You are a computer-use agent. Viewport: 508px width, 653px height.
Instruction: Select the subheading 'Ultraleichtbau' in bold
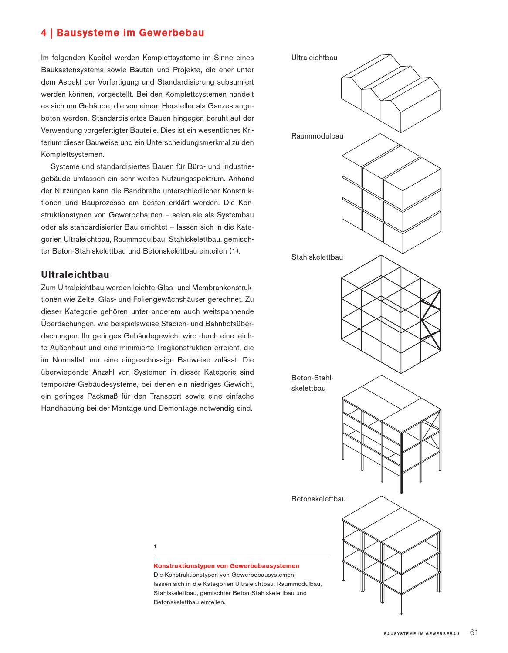tap(75, 275)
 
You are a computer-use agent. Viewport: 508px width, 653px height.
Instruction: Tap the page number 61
tap(474, 633)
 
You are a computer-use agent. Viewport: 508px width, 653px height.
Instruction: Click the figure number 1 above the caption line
tap(156, 546)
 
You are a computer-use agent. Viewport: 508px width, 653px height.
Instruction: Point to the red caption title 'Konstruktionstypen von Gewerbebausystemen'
tap(226, 566)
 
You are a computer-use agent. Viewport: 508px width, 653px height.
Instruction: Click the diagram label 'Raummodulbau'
tap(317, 136)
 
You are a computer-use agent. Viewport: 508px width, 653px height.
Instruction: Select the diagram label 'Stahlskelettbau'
tap(317, 257)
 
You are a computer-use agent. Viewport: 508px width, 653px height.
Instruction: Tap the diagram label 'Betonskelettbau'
tap(318, 499)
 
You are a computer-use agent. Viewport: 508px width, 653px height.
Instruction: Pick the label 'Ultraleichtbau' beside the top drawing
tap(314, 58)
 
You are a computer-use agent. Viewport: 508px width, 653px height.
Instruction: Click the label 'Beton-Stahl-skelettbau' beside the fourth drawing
tap(308, 383)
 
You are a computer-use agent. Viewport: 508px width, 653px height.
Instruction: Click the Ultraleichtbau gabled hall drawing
tap(391, 94)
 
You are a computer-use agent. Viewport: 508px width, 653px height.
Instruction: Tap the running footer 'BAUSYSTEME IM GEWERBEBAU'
tap(421, 634)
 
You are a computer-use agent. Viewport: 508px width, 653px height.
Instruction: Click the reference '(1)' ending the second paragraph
tap(234, 251)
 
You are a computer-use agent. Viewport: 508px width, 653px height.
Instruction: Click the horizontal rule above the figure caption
tap(241, 556)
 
